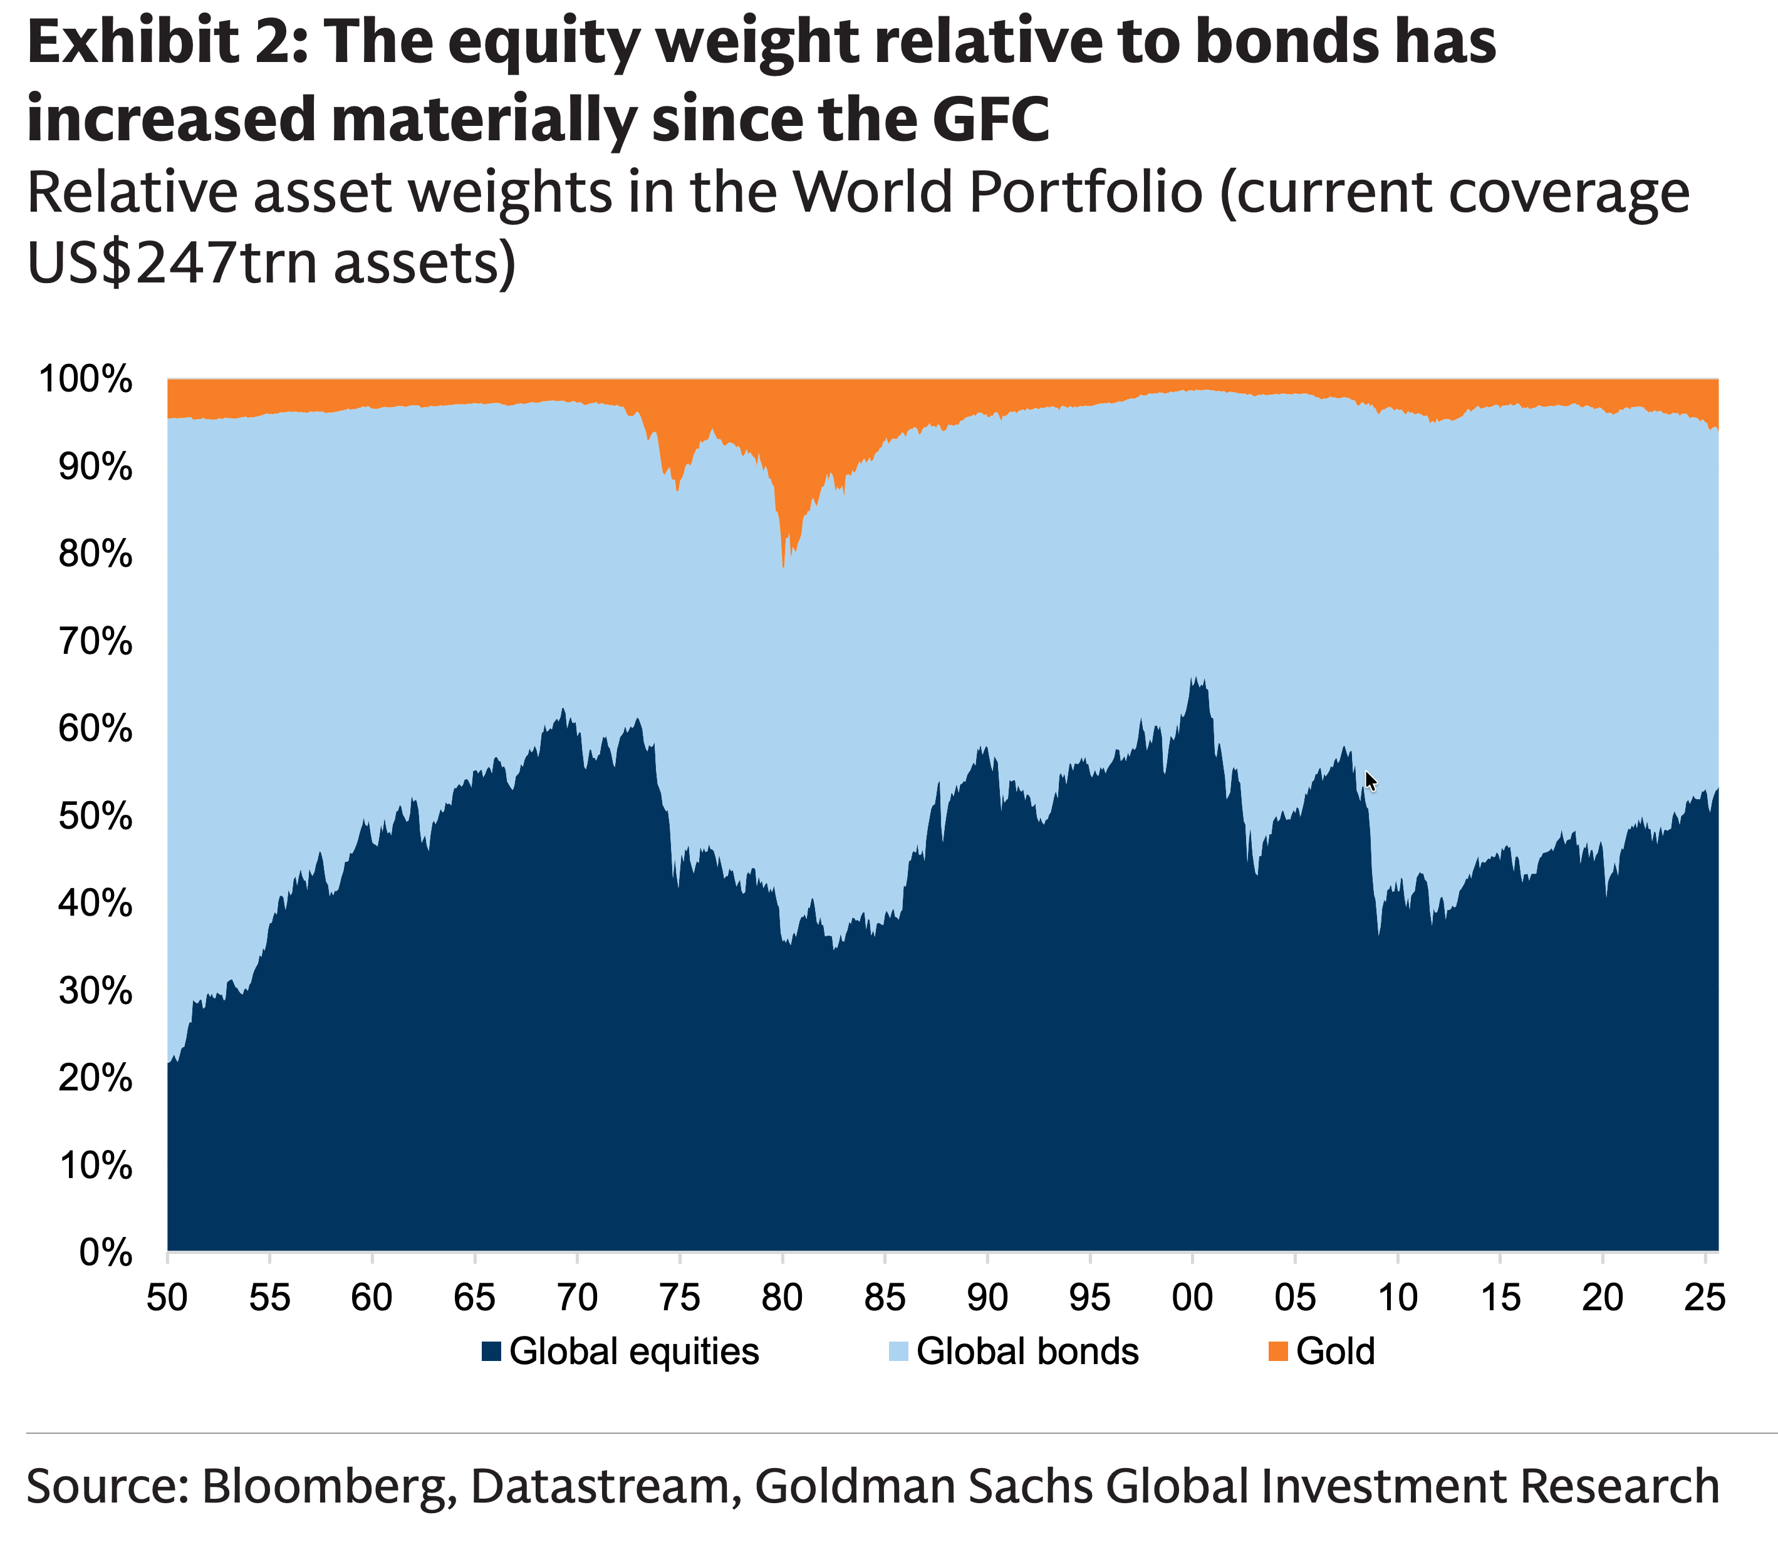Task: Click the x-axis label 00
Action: (1192, 1298)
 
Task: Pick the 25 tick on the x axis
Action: (1705, 1298)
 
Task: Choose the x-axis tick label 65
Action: (474, 1298)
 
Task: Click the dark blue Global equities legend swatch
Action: (491, 1351)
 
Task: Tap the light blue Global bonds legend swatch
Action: (898, 1351)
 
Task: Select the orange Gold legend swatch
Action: (1278, 1351)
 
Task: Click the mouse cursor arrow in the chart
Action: (1370, 780)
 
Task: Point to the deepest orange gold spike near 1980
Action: (782, 561)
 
